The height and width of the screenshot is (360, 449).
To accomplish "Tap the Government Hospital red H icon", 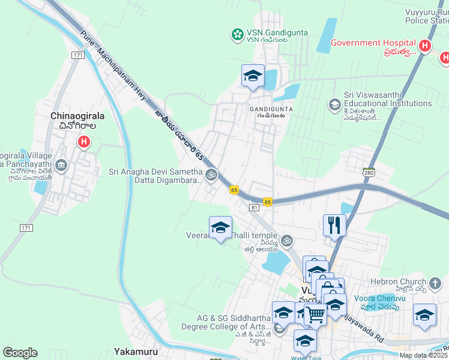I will point(425,46).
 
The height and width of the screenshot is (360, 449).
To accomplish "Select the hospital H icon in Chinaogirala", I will point(84,143).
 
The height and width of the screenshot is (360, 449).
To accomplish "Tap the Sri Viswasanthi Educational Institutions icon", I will point(334,105).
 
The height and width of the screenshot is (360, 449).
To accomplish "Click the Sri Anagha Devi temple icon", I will point(211,175).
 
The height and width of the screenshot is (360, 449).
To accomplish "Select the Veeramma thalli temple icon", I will point(288,240).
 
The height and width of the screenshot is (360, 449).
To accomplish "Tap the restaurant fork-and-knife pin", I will point(334,226).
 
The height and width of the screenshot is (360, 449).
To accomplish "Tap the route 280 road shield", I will point(369,172).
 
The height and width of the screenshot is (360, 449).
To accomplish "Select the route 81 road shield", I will point(255,208).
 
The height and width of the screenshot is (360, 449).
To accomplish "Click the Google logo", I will point(20,353).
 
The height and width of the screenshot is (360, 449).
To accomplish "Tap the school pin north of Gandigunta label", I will point(253,76).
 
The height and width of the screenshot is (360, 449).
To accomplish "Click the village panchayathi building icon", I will point(61,165).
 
